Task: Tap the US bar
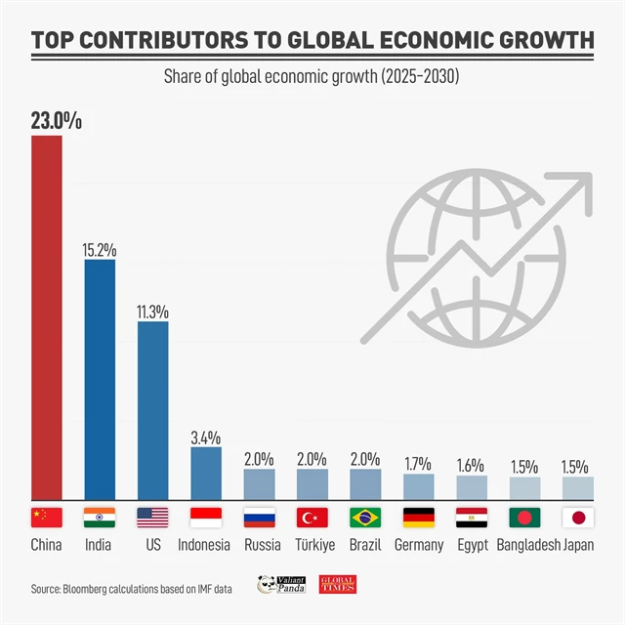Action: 152,410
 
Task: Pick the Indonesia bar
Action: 205,474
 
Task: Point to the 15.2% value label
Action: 100,249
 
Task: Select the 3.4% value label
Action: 205,436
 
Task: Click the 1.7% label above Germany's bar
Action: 417,463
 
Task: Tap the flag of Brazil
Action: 364,518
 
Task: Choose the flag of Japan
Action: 577,518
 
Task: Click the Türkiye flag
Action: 312,518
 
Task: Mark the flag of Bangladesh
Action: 524,518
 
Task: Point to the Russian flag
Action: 259,518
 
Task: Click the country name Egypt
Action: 472,545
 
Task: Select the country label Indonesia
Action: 204,545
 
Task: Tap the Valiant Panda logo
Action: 281,584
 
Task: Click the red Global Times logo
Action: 338,584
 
